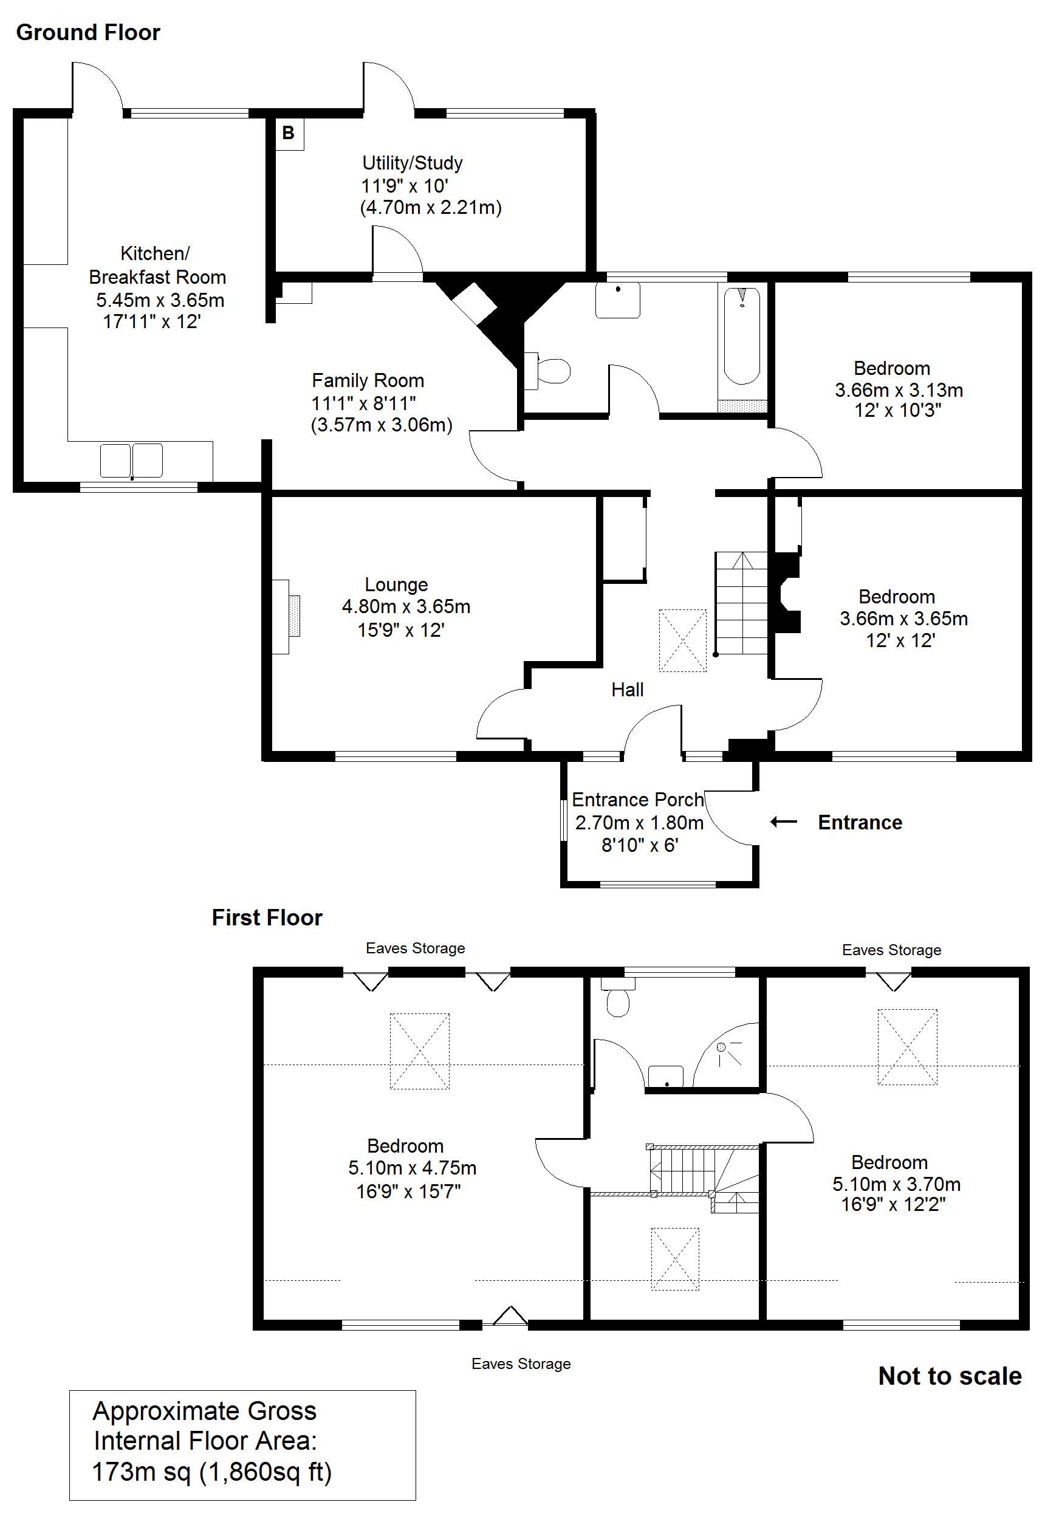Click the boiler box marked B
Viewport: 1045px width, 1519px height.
coord(289,134)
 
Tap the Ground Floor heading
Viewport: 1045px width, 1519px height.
coord(88,33)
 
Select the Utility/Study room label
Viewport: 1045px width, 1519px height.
coord(413,162)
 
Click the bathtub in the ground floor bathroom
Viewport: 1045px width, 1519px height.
coord(742,336)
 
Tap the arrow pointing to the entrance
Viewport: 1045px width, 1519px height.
coord(784,821)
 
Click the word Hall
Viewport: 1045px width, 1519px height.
coord(627,690)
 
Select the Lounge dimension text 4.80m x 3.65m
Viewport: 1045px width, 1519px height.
coord(406,606)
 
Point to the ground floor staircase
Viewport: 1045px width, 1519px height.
coord(741,603)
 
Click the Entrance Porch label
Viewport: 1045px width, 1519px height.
coord(638,800)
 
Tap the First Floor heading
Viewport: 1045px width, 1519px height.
coord(267,917)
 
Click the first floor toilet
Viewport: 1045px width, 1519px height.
coord(617,998)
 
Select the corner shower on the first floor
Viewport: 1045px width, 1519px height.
coord(726,1055)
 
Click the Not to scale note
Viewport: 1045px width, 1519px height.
coord(950,1376)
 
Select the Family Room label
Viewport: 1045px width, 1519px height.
coord(368,380)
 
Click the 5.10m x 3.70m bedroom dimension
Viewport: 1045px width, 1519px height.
coord(896,1184)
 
